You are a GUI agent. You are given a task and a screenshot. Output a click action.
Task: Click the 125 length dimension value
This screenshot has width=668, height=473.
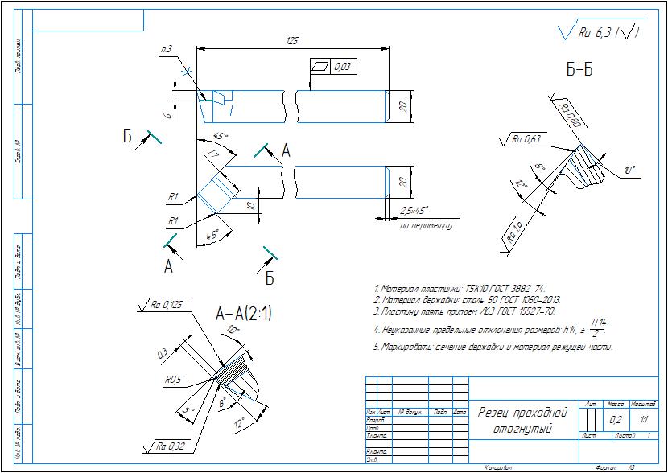pyautogui.click(x=293, y=40)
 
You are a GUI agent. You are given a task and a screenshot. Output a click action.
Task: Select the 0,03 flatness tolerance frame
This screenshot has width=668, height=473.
pyautogui.click(x=332, y=66)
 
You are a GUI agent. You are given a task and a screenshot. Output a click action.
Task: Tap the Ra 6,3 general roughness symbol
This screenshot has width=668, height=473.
pyautogui.click(x=600, y=33)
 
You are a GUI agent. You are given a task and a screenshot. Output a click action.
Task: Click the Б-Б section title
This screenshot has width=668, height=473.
pyautogui.click(x=579, y=70)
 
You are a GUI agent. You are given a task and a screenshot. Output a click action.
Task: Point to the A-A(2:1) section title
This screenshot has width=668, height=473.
pyautogui.click(x=243, y=315)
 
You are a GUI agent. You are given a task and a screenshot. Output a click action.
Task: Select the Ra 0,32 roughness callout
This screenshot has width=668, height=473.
pyautogui.click(x=170, y=444)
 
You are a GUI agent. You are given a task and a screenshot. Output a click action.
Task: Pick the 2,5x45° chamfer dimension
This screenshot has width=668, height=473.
pyautogui.click(x=417, y=211)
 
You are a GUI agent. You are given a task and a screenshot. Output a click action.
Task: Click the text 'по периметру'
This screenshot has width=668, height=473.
pyautogui.click(x=426, y=226)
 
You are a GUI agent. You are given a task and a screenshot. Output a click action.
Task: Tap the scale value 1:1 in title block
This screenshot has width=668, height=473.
pyautogui.click(x=644, y=420)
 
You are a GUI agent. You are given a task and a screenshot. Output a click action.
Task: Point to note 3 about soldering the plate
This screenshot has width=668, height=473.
pyautogui.click(x=464, y=311)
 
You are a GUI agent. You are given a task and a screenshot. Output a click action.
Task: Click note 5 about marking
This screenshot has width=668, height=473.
pyautogui.click(x=493, y=348)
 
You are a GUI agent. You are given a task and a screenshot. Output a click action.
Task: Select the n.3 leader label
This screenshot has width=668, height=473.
pyautogui.click(x=167, y=50)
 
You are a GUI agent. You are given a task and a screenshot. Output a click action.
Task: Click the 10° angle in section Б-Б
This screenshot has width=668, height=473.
pyautogui.click(x=629, y=171)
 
